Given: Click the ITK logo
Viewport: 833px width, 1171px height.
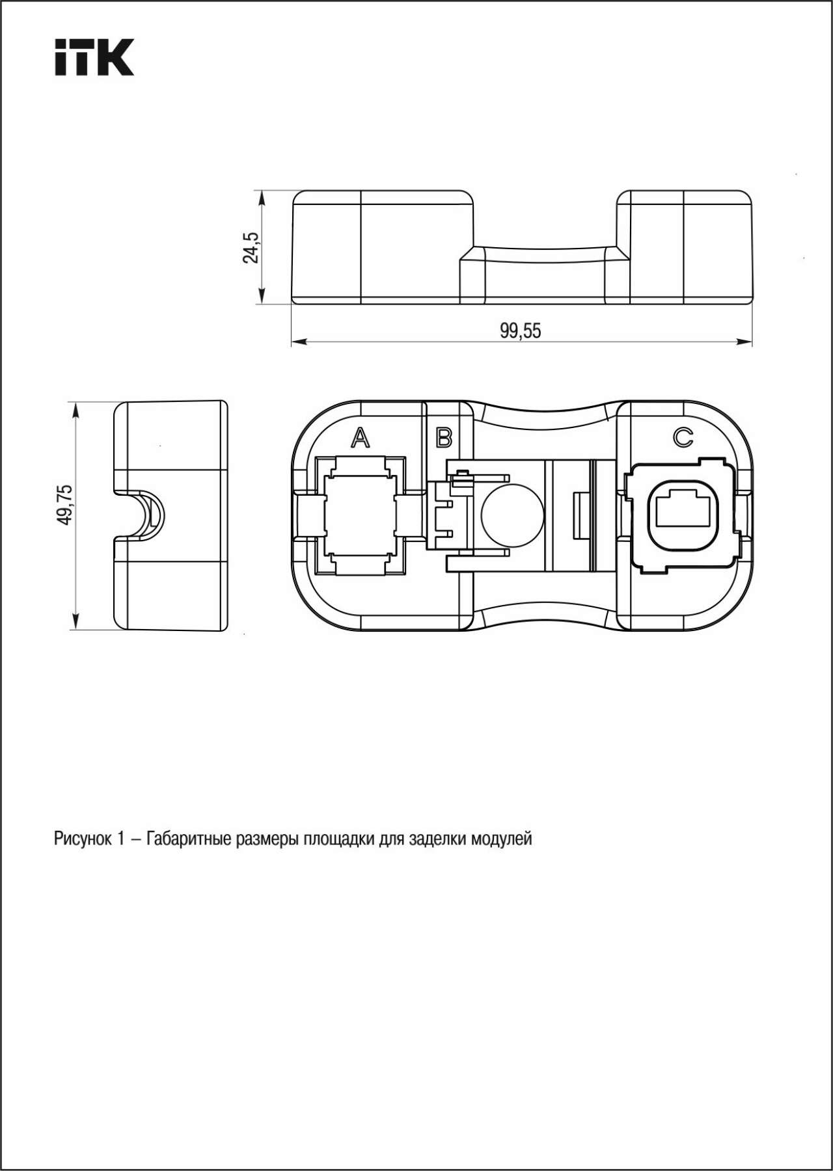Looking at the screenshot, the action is pyautogui.click(x=94, y=57).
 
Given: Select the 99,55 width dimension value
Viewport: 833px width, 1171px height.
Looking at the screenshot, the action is pyautogui.click(x=520, y=331).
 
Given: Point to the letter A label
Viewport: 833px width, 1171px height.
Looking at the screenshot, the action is pyautogui.click(x=360, y=438).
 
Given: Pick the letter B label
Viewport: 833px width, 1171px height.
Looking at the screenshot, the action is pyautogui.click(x=444, y=438).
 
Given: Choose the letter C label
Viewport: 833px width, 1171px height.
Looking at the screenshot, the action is pyautogui.click(x=683, y=437).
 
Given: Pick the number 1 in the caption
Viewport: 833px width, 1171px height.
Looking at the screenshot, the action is pyautogui.click(x=121, y=839).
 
